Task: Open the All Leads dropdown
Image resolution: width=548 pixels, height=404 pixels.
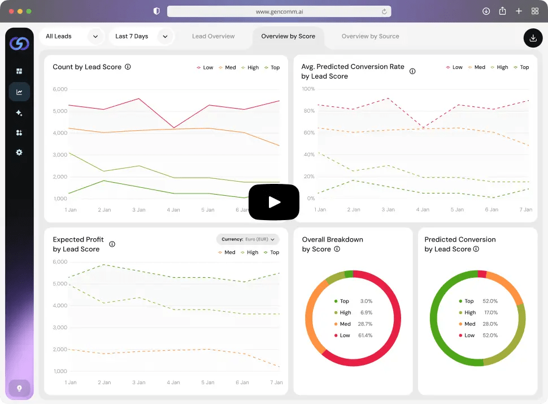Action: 72,36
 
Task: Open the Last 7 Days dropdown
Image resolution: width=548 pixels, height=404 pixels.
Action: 142,36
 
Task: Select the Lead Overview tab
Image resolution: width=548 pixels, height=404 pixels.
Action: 213,36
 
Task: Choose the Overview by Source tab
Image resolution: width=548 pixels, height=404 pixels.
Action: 370,36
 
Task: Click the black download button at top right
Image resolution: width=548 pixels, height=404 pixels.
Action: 533,38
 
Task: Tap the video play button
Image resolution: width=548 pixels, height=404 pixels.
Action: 274,202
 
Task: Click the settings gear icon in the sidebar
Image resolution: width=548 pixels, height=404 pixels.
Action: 19,152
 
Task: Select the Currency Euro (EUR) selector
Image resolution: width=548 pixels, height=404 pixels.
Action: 248,239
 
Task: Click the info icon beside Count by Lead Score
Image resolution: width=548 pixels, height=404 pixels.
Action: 128,67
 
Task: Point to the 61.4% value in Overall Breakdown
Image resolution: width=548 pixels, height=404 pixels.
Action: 365,336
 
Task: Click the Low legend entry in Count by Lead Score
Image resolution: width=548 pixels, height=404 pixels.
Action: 205,67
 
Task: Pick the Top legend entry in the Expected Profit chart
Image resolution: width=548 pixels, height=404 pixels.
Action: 272,252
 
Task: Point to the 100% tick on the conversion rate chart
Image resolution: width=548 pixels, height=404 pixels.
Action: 308,89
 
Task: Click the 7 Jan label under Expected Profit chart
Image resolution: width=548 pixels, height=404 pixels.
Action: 276,382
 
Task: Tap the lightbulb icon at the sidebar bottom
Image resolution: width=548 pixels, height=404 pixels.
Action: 19,388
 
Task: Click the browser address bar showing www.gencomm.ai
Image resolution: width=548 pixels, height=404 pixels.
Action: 279,11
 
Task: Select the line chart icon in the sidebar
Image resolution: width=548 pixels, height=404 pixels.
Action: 19,92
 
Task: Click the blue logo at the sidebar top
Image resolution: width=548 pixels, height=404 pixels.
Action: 19,44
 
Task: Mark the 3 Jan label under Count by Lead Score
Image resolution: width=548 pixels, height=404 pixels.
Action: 139,210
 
